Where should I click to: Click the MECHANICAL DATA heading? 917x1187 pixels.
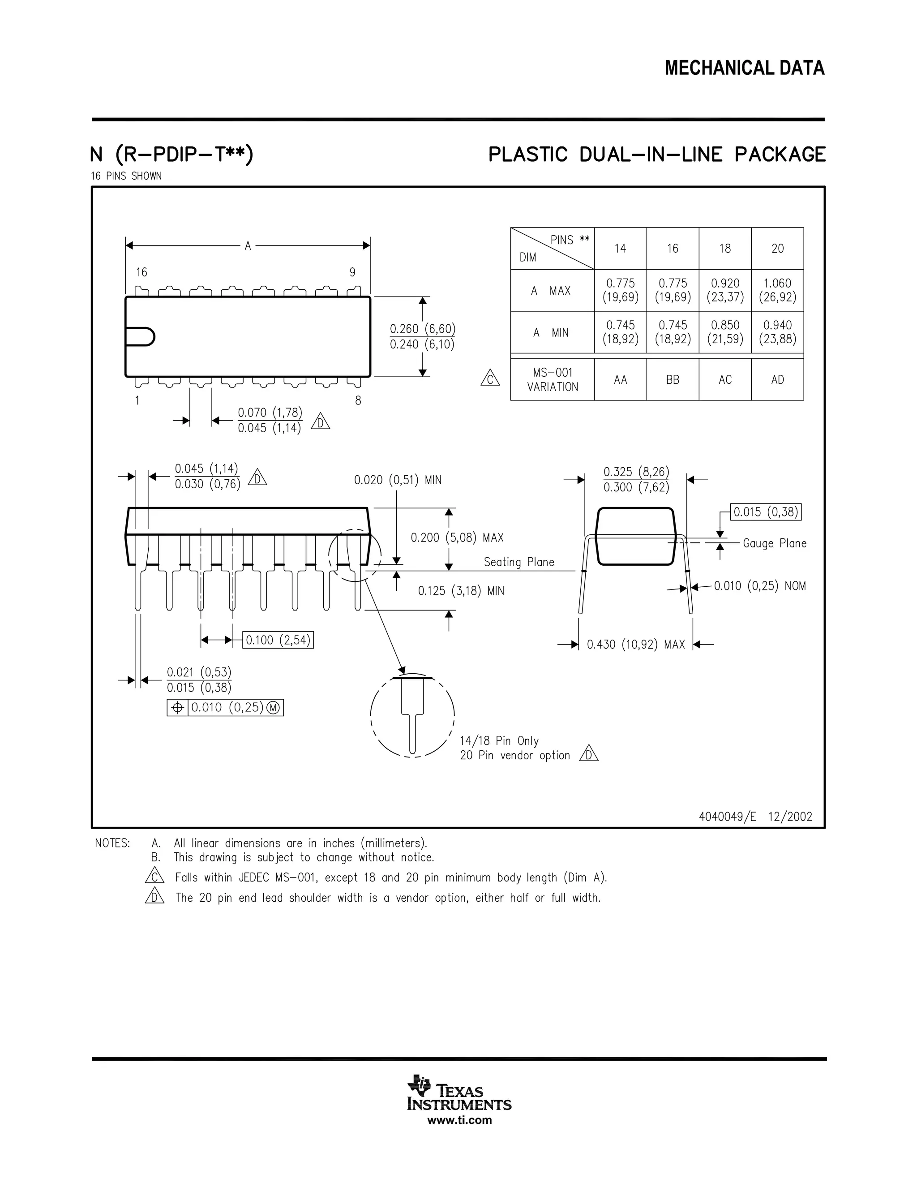[x=744, y=69]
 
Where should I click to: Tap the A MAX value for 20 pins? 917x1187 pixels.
[x=777, y=290]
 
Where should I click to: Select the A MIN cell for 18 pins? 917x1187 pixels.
[x=725, y=332]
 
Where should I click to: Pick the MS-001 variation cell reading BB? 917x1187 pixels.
[x=673, y=380]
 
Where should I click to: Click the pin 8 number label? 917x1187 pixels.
[x=358, y=400]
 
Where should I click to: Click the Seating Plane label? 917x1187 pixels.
[x=519, y=563]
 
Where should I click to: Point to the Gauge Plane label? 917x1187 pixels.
[x=774, y=543]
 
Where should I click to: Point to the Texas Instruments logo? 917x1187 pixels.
[x=459, y=1093]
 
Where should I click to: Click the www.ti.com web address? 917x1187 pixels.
[x=459, y=1120]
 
